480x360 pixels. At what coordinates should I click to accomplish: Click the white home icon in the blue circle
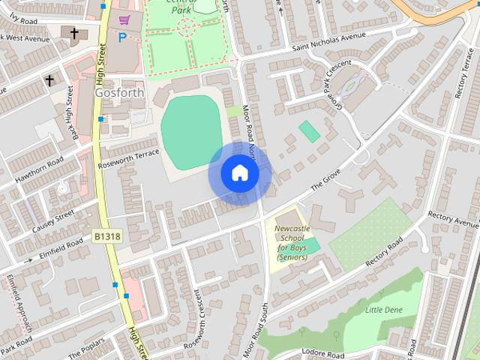coord(239,173)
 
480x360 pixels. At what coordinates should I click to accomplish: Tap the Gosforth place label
coord(115,92)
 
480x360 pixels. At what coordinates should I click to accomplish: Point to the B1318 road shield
coord(107,236)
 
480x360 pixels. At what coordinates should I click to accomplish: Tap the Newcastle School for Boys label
coord(292,242)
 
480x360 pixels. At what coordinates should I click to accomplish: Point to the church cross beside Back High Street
coord(49,79)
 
